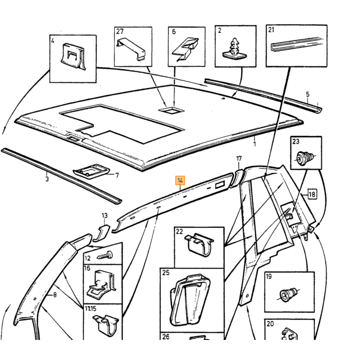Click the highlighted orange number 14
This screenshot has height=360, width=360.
tap(180, 181)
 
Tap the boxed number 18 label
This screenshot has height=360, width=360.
tap(312, 194)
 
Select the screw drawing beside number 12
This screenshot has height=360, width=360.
tap(105, 255)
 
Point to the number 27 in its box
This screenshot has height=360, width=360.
tap(120, 31)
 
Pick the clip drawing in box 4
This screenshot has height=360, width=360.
tap(73, 56)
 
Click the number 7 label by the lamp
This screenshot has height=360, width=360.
tap(117, 175)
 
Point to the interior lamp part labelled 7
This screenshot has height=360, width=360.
tap(92, 171)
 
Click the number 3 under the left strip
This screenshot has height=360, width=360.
tap(47, 179)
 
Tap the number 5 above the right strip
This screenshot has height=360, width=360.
tap(308, 94)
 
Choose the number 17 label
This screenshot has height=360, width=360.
tap(239, 158)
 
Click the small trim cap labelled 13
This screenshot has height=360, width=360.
tap(101, 233)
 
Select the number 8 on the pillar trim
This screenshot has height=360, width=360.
tap(55, 294)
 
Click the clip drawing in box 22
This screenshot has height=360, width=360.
tap(199, 244)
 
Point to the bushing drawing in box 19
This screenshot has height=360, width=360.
tap(289, 294)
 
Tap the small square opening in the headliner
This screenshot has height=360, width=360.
tap(171, 110)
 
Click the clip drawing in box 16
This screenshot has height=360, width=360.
tap(100, 285)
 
